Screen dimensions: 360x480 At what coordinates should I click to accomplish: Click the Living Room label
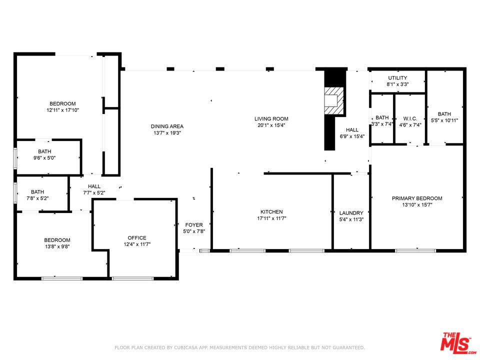tap(271, 119)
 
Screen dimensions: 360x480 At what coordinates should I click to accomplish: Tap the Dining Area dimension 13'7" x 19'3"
tap(167, 133)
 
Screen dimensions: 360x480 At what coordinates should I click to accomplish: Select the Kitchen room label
tap(271, 212)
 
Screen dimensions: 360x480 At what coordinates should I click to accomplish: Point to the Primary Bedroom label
tap(416, 198)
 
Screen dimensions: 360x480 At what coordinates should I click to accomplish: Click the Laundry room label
tap(351, 213)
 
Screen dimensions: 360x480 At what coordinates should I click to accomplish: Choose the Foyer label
tap(194, 225)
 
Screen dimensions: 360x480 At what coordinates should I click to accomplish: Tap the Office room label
tap(137, 238)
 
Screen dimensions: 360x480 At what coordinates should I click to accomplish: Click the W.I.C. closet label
tap(410, 118)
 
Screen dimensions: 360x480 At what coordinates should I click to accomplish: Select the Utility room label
tap(397, 78)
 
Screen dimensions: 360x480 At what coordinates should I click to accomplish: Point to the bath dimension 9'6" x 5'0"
tap(44, 158)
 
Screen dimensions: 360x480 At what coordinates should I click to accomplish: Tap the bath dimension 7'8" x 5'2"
tap(37, 198)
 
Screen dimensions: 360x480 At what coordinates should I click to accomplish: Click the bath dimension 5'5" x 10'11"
tap(444, 120)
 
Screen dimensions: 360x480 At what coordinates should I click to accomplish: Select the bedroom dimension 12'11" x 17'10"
tap(62, 110)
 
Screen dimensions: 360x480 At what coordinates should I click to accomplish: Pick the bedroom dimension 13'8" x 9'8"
tap(57, 246)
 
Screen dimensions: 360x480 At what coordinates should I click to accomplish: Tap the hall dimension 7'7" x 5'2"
tap(94, 192)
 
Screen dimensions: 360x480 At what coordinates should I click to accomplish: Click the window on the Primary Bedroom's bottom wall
tap(415, 250)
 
